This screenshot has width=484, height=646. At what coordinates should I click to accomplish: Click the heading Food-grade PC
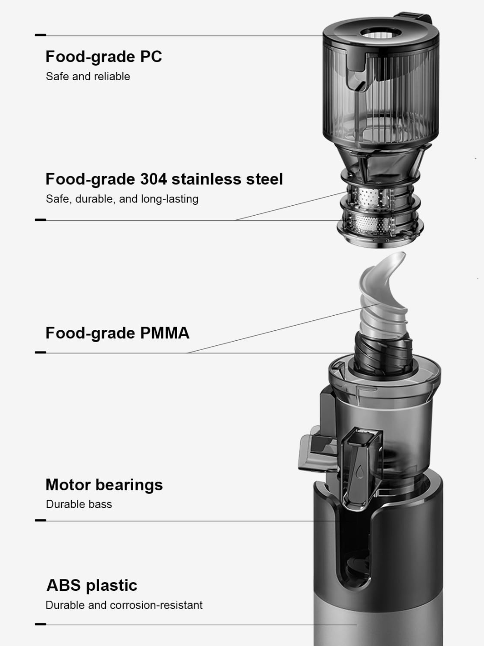(x=103, y=57)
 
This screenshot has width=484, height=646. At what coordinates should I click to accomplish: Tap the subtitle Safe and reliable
(x=88, y=76)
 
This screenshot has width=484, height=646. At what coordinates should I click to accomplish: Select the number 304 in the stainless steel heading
(x=153, y=179)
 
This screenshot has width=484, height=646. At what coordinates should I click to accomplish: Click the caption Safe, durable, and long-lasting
(x=122, y=199)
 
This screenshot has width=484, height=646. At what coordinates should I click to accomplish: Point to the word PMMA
(x=165, y=333)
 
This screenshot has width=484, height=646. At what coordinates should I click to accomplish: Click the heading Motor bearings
(x=104, y=485)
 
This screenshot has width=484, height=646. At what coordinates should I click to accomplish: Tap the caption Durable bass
(x=79, y=504)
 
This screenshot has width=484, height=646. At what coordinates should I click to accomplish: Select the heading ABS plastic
(x=92, y=586)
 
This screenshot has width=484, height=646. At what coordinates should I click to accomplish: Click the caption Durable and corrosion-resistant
(x=124, y=605)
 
